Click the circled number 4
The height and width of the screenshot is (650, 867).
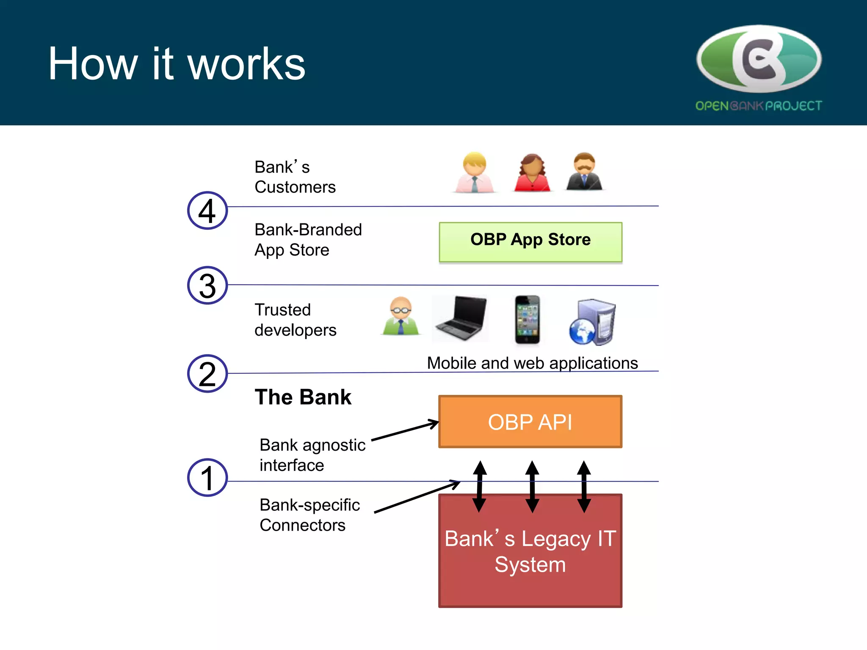coord(207,211)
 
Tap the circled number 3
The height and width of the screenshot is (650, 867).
coord(207,286)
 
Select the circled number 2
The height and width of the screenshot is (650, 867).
coord(207,374)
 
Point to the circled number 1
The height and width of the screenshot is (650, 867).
coord(207,478)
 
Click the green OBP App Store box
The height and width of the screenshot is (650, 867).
coord(530,242)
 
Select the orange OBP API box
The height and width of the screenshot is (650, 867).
coord(530,421)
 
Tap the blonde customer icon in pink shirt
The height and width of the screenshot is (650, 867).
coord(475,173)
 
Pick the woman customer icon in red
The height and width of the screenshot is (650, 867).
coord(532,173)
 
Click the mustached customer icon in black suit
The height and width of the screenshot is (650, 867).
coord(584,172)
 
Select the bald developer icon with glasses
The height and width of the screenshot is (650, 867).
coord(400,317)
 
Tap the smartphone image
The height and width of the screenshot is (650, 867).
coord(527,319)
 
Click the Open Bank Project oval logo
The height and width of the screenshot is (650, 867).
coord(759,59)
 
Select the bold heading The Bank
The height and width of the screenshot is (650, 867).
coord(303,397)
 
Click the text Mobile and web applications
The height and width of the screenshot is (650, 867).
coord(532,363)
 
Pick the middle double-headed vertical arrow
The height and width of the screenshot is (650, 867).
coord(532,487)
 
